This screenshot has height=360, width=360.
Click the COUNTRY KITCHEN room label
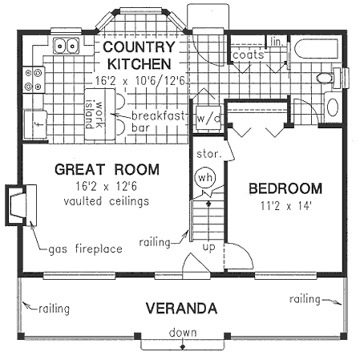point(136,55)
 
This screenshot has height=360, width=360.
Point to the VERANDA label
point(180,308)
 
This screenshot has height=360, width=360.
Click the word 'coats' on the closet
point(249,55)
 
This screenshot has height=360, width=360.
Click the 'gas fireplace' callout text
point(86,249)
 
